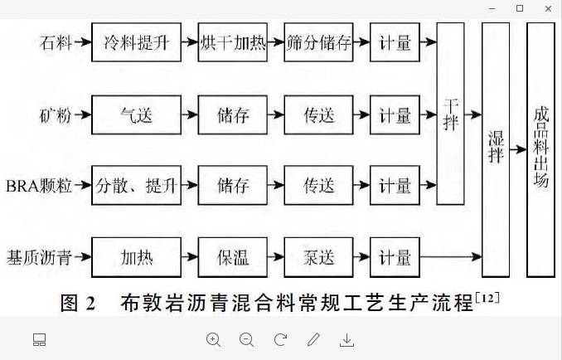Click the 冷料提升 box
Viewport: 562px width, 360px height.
tap(137, 44)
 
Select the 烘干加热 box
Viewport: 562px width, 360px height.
tap(232, 44)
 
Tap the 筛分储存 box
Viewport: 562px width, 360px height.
tap(319, 44)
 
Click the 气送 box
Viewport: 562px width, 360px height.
tap(137, 115)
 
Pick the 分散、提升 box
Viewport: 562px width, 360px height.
tap(137, 186)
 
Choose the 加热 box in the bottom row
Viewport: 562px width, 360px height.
tap(137, 256)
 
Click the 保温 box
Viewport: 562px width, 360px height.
tap(232, 256)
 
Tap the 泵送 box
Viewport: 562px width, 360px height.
tap(319, 256)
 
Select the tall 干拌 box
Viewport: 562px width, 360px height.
tap(450, 114)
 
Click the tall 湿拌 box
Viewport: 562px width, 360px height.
tap(496, 149)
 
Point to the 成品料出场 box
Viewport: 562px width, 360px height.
tap(540, 149)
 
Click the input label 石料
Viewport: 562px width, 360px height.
tap(54, 44)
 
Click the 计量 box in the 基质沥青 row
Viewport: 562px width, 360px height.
tap(395, 256)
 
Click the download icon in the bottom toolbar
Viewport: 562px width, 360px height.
tap(347, 339)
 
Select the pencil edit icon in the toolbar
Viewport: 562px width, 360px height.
tap(313, 339)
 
